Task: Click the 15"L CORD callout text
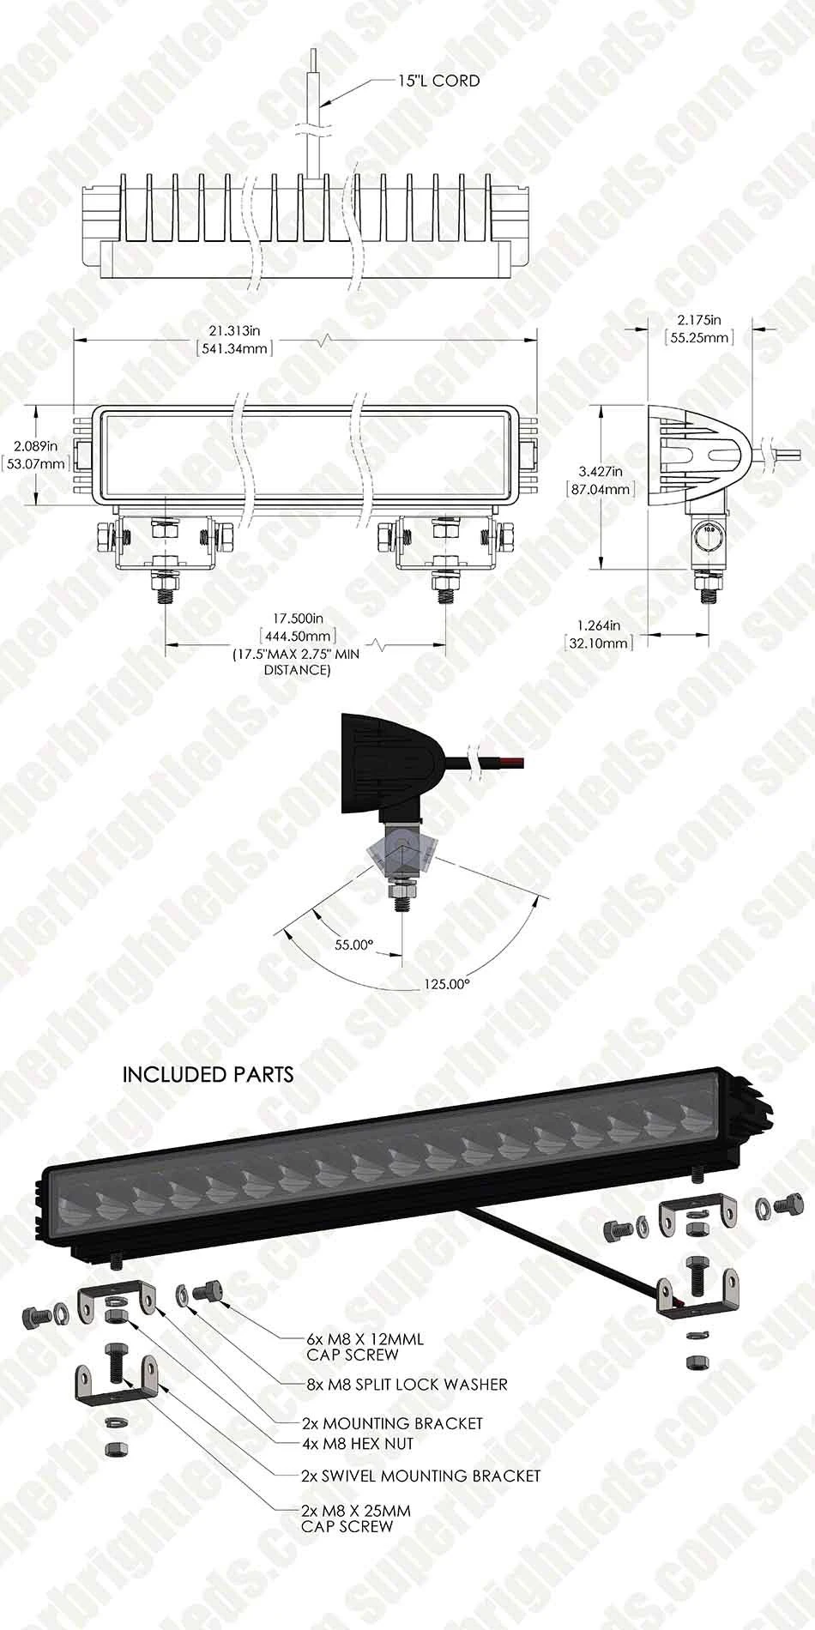pos(438,81)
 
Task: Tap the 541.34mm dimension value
pos(234,348)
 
